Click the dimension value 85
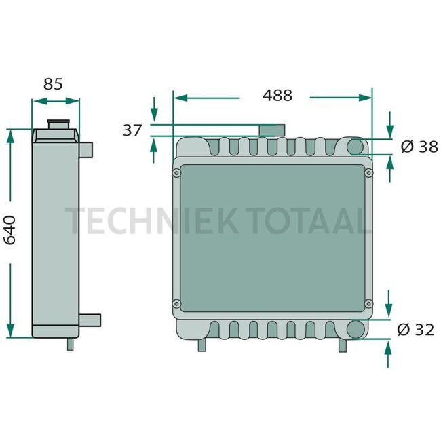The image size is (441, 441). (x=53, y=84)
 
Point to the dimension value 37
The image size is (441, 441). (x=132, y=130)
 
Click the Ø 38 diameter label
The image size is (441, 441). (x=419, y=147)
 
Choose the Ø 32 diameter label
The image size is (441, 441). (x=415, y=330)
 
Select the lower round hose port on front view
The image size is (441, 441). (x=356, y=330)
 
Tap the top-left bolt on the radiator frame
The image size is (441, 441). (x=177, y=174)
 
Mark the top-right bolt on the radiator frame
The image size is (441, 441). (x=368, y=174)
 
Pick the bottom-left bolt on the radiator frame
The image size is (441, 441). (x=177, y=303)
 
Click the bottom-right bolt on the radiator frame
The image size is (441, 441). (x=368, y=303)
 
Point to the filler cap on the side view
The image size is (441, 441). (x=57, y=125)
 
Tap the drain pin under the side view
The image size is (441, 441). (x=70, y=344)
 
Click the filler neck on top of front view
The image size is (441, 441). (x=271, y=130)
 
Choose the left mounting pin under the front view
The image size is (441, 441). (x=202, y=345)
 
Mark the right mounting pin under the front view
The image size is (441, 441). (x=343, y=345)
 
